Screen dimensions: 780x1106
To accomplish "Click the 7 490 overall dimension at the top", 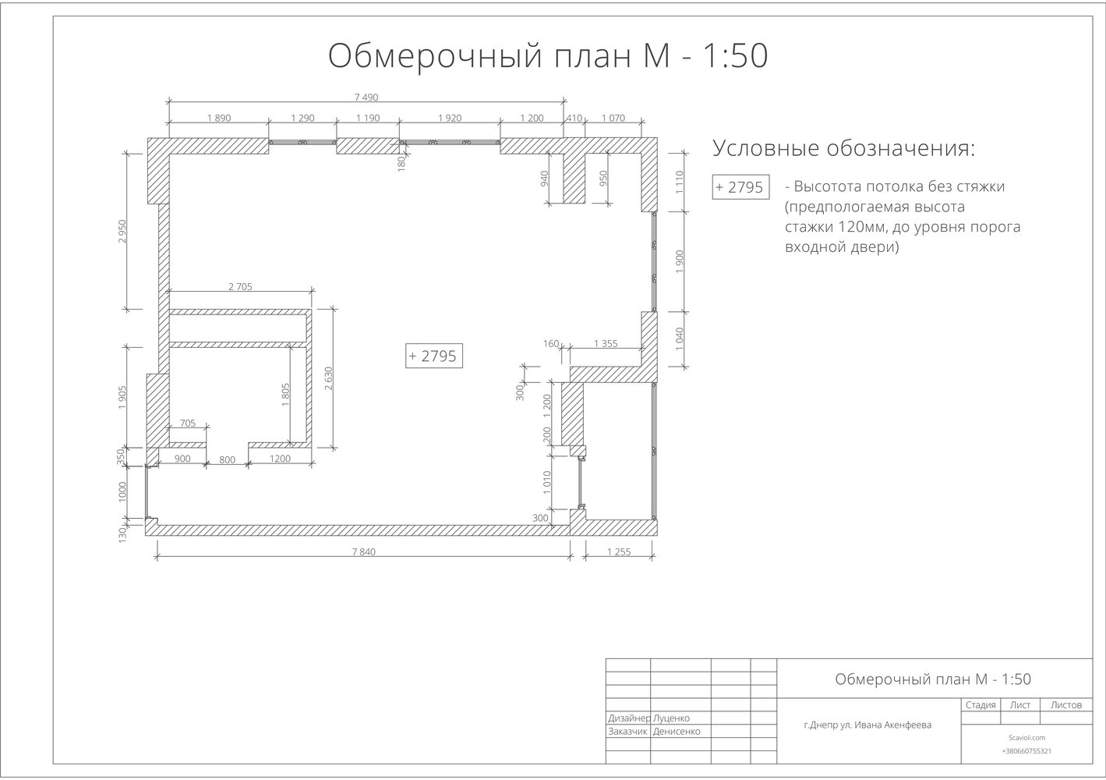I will click(366, 97).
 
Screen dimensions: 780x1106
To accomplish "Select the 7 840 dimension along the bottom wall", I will click(363, 551).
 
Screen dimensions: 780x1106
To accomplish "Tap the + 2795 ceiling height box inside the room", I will click(433, 356).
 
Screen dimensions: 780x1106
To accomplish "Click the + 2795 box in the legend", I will click(740, 187).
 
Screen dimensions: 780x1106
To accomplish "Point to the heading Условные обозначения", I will click(844, 148).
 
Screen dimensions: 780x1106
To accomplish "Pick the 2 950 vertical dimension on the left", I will click(122, 231).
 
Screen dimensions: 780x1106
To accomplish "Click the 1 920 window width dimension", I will click(450, 118).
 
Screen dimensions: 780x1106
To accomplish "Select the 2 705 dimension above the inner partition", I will click(240, 286).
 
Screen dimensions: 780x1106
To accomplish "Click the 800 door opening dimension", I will click(227, 459).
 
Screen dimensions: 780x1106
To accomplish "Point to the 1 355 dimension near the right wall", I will click(606, 343).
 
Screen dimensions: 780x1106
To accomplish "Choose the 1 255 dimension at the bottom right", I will click(619, 551).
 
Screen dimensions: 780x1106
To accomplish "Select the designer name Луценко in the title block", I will click(671, 718).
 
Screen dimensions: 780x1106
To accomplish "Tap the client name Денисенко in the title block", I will click(677, 732).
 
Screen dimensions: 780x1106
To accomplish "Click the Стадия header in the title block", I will click(981, 705).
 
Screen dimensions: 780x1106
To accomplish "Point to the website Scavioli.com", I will click(1026, 737).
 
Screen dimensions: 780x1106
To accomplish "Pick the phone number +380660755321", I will click(1026, 751).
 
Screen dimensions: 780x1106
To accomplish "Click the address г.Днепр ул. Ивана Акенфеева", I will click(867, 725).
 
